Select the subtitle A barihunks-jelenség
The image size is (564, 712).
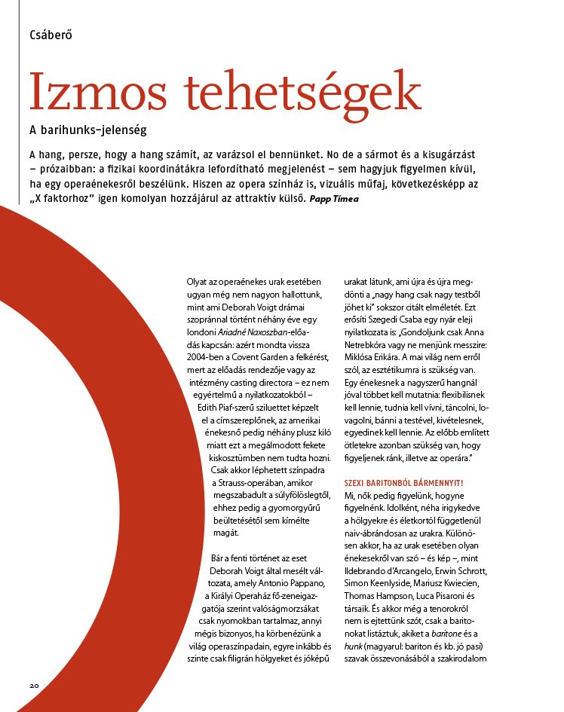point(87,130)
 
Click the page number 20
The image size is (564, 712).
point(35,685)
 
